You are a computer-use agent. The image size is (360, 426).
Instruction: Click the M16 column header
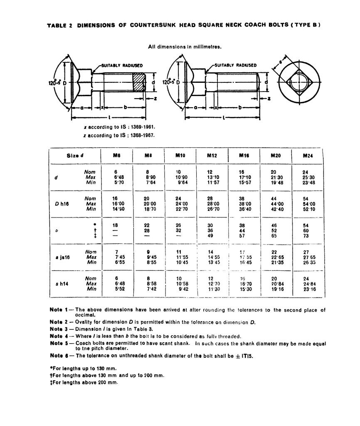[244, 156]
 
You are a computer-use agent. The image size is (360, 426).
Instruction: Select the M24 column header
[309, 156]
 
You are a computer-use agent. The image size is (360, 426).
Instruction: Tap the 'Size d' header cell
[75, 156]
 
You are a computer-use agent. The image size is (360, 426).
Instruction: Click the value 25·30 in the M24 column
[310, 177]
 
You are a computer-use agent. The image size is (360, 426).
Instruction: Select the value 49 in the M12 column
[212, 235]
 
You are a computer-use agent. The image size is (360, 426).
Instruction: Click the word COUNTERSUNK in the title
[154, 25]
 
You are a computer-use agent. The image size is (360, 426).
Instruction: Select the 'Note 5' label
[59, 343]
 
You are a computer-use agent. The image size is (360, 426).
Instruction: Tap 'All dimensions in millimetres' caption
[185, 47]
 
